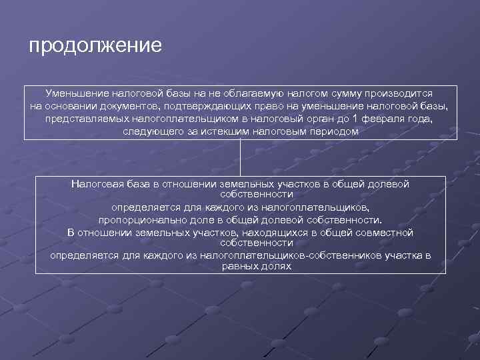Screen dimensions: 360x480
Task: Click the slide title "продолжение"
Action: click(95, 46)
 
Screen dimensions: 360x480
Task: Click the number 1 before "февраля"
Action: click(355, 119)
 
